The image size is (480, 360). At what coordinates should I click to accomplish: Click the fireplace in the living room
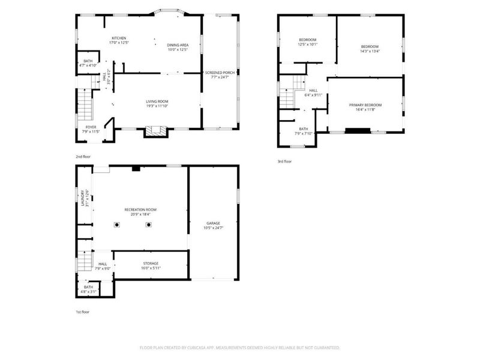(154, 131)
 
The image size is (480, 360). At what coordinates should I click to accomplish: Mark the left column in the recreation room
(118, 225)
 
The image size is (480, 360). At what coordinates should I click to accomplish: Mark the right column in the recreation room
(149, 225)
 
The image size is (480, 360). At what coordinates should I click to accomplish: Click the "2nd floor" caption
(83, 157)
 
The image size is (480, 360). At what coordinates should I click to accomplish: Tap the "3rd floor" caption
(284, 161)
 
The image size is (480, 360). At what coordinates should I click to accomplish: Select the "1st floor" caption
(83, 312)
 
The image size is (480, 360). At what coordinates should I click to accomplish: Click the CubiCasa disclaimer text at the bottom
(240, 347)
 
